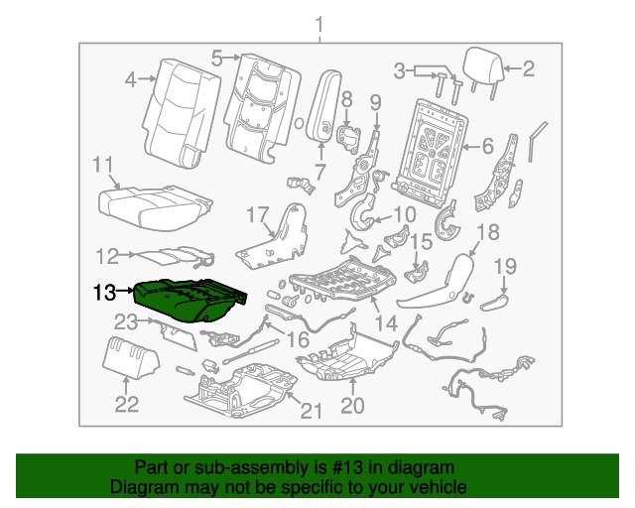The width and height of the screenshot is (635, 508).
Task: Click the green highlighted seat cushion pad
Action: [189, 300]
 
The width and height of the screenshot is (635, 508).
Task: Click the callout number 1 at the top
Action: [318, 24]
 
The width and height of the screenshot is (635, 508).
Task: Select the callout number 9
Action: [375, 101]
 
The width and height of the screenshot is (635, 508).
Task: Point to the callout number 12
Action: [106, 254]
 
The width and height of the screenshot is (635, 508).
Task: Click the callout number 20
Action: [352, 405]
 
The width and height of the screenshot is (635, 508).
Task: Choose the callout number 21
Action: [311, 411]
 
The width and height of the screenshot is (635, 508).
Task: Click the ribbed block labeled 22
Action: [129, 355]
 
